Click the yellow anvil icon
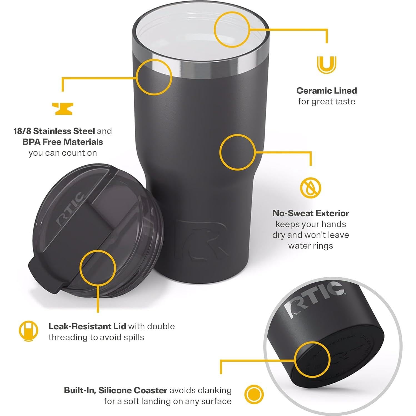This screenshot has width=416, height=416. pos(63,109)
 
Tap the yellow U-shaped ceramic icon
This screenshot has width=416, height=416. pos(327,65)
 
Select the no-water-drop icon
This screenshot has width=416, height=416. pos(310,188)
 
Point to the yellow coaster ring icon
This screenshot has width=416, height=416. pos(254,395)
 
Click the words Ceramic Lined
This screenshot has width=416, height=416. pos(327,91)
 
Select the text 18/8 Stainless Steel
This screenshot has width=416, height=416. pos(54,131)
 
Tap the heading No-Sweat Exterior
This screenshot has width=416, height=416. pos(310,213)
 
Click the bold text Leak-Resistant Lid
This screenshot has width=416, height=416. pos(87,326)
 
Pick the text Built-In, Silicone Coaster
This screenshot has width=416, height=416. pos(116,390)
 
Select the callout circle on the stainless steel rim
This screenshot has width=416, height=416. pos(154,77)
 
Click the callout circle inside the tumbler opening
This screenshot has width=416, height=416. pos(231,29)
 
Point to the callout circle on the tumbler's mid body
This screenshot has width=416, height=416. pos(237,152)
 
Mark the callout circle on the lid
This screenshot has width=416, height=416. pos(98,267)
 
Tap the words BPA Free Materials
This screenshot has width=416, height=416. pos(63,142)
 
